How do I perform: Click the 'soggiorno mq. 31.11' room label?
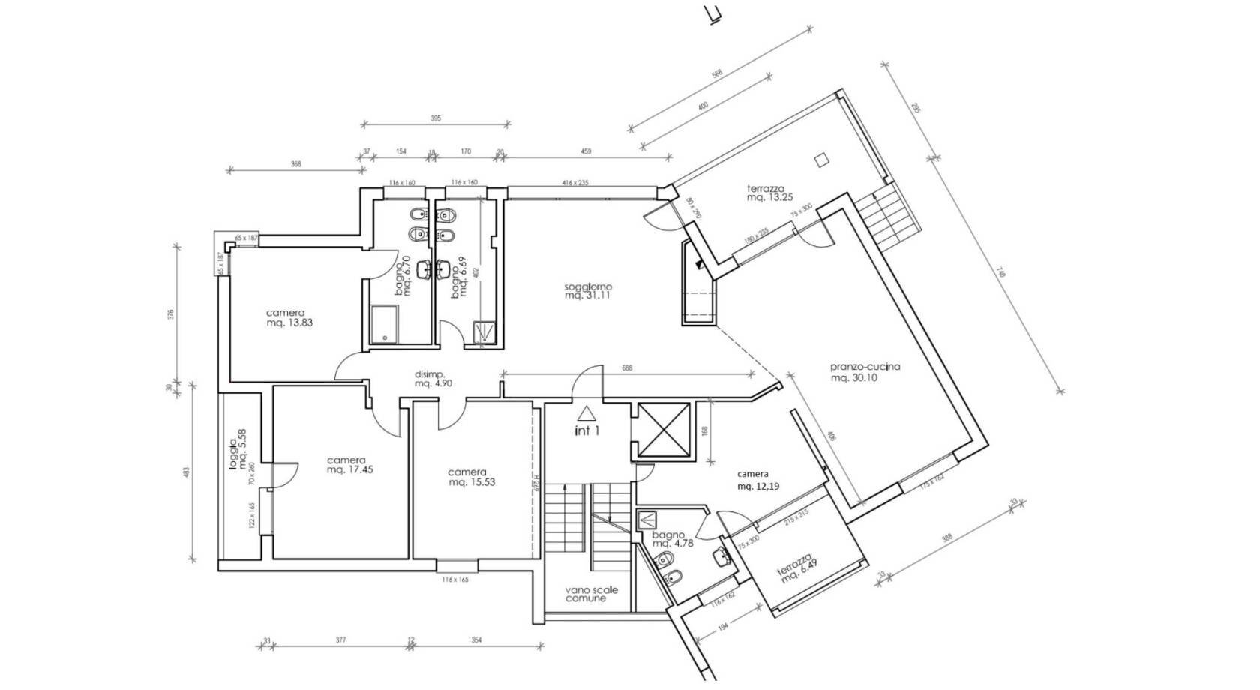589,291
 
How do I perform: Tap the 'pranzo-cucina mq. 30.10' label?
865,373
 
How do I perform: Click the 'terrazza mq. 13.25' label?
765,193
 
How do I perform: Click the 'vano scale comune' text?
591,595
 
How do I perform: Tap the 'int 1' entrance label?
586,431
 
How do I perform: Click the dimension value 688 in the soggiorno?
628,368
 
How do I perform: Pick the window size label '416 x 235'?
574,183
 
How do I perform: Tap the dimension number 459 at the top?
586,152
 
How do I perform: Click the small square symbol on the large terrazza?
822,158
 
